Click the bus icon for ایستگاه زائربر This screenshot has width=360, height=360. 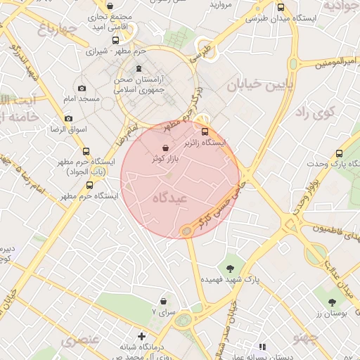point(205,131)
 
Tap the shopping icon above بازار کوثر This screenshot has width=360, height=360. point(165,148)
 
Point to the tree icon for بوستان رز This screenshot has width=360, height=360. point(331,302)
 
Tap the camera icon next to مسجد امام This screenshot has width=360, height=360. point(82,88)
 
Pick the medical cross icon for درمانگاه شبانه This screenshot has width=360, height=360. point(142,336)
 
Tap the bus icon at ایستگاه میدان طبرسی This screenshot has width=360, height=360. point(281,8)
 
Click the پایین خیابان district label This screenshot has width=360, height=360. point(255,85)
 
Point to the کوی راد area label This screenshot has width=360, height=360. point(311,112)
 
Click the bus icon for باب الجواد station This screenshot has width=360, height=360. point(86,151)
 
